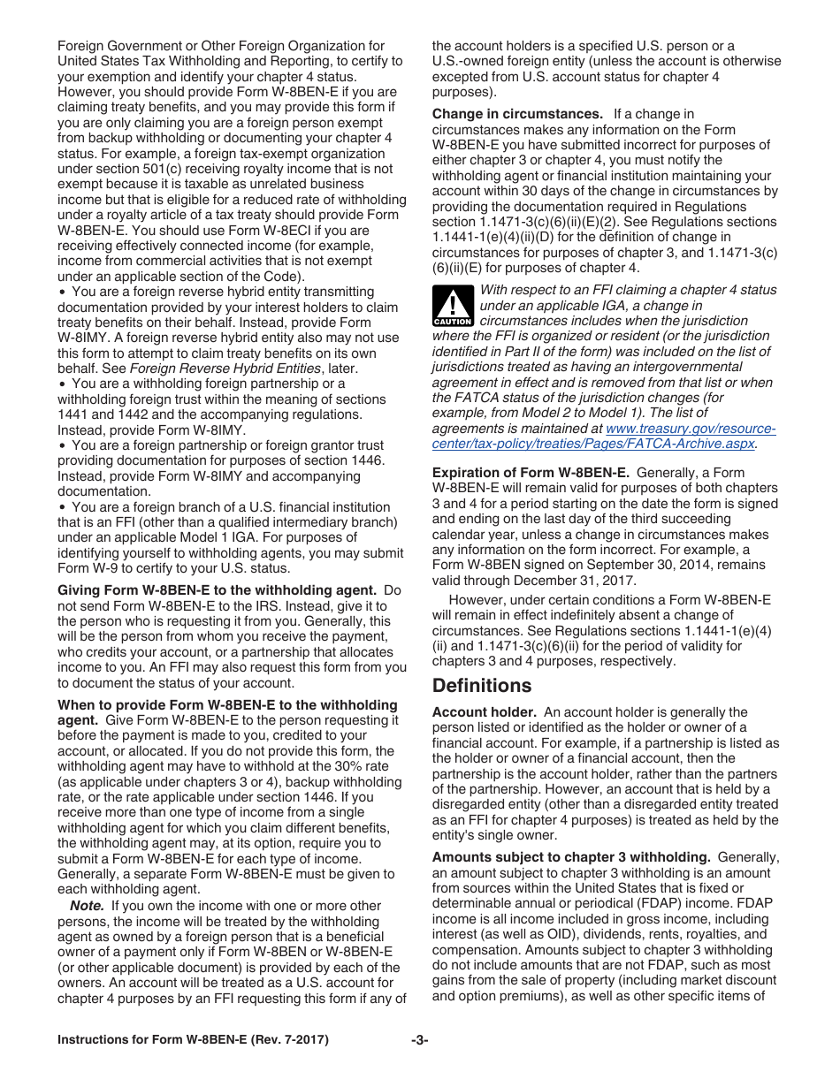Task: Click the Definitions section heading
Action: click(482, 686)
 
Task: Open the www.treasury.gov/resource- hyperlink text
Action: click(691, 429)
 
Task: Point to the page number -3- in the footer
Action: click(419, 1040)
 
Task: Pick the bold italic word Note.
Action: click(87, 906)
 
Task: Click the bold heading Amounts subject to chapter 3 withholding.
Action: click(571, 857)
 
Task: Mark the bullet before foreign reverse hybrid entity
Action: click(62, 292)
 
